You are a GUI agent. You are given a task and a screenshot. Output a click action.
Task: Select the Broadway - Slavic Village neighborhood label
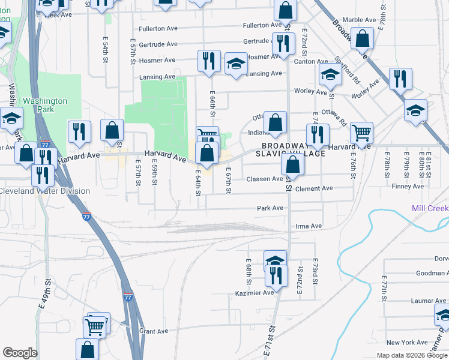(x=292, y=149)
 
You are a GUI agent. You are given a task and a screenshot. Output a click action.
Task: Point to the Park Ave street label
(x=270, y=208)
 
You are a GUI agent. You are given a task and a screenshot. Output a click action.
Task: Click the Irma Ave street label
(x=309, y=226)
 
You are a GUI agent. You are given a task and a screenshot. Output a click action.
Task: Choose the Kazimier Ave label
(x=254, y=293)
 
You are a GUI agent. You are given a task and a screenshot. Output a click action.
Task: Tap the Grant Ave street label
(x=154, y=331)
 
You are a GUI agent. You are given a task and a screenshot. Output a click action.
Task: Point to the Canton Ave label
(x=310, y=61)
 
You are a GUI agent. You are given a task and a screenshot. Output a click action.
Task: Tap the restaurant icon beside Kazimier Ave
(x=276, y=275)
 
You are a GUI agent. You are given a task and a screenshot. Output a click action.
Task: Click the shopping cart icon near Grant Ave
(x=95, y=326)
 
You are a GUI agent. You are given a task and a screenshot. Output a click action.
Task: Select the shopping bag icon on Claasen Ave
(x=291, y=163)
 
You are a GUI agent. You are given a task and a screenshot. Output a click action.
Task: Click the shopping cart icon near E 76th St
(x=361, y=132)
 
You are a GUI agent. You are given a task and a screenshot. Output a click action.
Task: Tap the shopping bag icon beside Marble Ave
(x=363, y=39)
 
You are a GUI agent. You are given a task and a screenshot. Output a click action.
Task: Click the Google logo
(x=20, y=353)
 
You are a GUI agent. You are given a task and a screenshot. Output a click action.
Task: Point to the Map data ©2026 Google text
(x=411, y=355)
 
